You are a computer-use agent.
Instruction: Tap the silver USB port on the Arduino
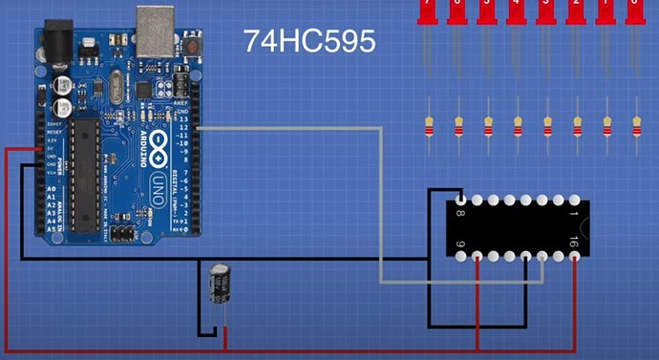pyautogui.click(x=155, y=30)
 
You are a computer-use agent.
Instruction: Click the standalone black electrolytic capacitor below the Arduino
pyautogui.click(x=220, y=284)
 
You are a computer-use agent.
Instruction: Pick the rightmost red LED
pyautogui.click(x=635, y=11)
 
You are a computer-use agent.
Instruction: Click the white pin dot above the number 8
pyautogui.click(x=462, y=201)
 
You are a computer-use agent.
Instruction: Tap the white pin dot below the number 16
pyautogui.click(x=575, y=256)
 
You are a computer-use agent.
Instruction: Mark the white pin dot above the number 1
pyautogui.click(x=575, y=201)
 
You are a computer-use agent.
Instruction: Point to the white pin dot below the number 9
pyautogui.click(x=462, y=256)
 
